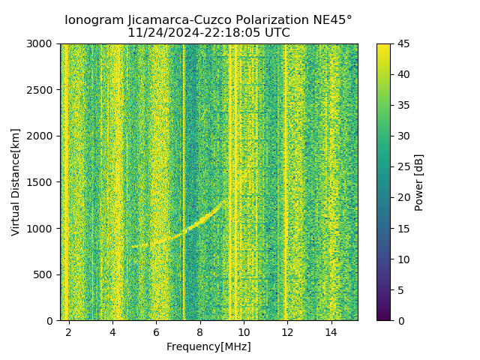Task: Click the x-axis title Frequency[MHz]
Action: click(x=208, y=346)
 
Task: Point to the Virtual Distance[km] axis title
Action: click(x=16, y=182)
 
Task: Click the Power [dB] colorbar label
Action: click(x=419, y=182)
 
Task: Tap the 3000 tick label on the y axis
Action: click(x=42, y=43)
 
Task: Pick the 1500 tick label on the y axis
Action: click(x=42, y=182)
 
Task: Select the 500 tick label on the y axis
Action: click(x=45, y=274)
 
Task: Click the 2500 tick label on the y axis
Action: click(x=42, y=90)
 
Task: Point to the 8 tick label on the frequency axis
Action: click(x=199, y=331)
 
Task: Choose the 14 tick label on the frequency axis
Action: click(x=330, y=331)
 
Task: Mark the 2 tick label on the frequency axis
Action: click(x=69, y=331)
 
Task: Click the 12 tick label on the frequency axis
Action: click(x=286, y=331)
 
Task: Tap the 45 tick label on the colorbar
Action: click(x=403, y=43)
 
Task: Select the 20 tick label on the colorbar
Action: click(x=403, y=197)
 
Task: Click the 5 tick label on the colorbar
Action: click(x=400, y=289)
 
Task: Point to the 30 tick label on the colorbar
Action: click(x=403, y=136)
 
